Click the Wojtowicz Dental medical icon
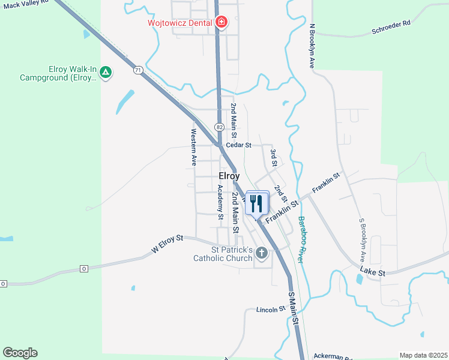tap(221, 23)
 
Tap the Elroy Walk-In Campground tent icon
tap(106, 73)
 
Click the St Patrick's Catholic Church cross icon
tap(261, 253)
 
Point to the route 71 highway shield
tap(139, 70)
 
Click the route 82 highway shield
tap(219, 127)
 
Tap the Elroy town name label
tap(229, 176)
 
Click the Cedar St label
tap(238, 145)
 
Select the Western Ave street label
tap(194, 148)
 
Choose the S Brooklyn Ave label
tap(363, 241)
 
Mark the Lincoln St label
tap(270, 310)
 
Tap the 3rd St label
tap(274, 158)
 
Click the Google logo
tap(20, 353)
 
